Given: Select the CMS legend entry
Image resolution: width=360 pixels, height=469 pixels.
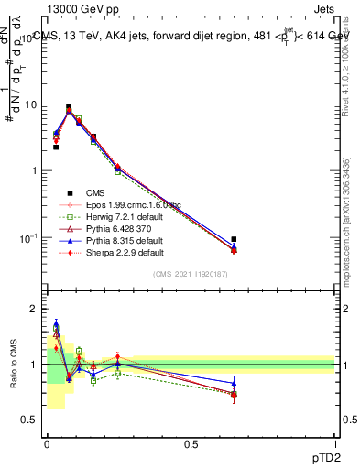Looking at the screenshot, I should [x=94, y=193].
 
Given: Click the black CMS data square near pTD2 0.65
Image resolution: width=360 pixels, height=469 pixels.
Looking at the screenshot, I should [x=234, y=239].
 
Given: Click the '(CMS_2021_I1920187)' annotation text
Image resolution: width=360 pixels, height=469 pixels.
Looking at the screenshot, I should [x=191, y=274].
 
